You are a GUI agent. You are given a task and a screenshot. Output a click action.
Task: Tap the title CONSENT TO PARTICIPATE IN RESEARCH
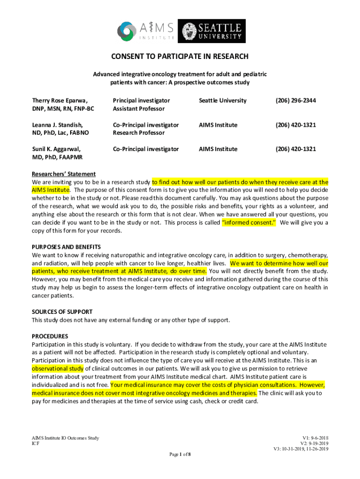pos(180,57)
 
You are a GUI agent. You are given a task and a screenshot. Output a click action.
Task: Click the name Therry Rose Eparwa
pos(60,101)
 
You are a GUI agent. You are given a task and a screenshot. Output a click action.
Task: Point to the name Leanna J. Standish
pos(57,125)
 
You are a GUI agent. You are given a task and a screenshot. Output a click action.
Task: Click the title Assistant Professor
pos(138,109)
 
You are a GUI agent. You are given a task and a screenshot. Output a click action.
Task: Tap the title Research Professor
pos(138,133)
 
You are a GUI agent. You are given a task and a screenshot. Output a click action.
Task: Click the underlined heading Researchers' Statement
pos(64,174)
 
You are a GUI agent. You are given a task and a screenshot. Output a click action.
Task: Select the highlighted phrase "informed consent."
pos(249,223)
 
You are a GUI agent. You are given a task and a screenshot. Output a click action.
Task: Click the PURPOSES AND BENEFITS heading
pos(66,247)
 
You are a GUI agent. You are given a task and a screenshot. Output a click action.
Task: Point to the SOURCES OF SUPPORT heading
pos(62,312)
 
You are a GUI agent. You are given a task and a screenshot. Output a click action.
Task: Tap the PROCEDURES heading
pos(50,336)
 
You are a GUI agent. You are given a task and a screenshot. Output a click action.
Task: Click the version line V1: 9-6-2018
pos(316,438)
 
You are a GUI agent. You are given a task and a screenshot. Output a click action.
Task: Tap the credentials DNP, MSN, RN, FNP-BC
pos(63,109)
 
